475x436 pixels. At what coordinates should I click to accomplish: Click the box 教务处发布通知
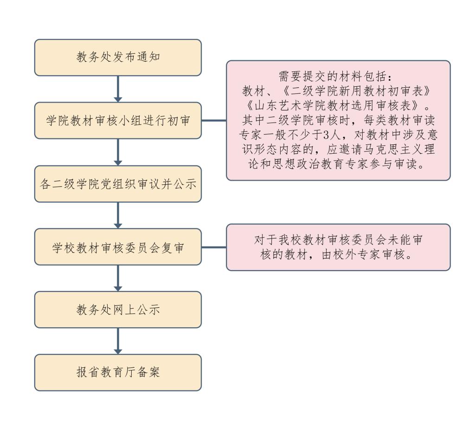coord(118,58)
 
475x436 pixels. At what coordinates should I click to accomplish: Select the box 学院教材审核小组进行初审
coord(118,120)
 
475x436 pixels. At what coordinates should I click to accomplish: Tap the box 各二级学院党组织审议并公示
coord(118,184)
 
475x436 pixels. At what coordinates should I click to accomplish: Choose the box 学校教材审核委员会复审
coord(118,247)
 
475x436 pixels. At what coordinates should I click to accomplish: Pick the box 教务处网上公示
coord(118,310)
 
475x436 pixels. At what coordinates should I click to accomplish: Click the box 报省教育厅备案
coord(118,372)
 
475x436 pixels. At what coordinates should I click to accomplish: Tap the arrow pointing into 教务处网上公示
coord(118,278)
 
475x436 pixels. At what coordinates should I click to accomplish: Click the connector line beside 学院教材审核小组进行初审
coord(214,120)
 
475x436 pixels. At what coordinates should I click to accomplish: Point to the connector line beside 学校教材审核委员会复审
coord(214,247)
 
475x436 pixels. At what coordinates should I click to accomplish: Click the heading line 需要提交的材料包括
coord(338,77)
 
